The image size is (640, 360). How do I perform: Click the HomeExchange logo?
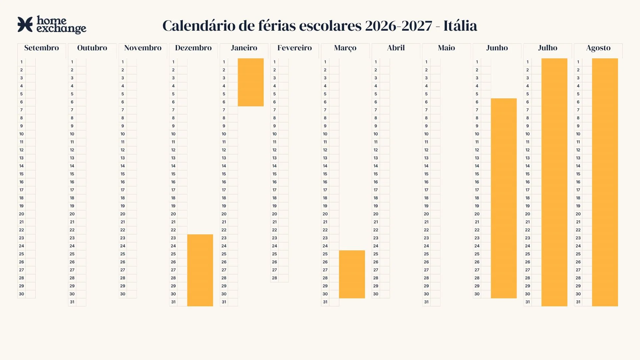(52, 25)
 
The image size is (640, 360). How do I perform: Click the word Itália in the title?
(460, 26)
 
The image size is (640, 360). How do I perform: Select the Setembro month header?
(42, 48)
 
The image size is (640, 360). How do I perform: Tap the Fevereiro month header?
(295, 48)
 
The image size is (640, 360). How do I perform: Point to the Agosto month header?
(598, 48)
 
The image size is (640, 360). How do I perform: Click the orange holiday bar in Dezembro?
(200, 270)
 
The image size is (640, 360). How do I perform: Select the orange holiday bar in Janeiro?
(251, 82)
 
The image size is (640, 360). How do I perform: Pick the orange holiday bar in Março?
(352, 274)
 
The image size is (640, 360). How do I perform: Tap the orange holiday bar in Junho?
(504, 198)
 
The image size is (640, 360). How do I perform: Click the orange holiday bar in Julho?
(554, 182)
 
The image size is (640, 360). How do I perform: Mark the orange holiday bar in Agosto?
(605, 182)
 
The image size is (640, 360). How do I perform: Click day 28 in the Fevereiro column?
(274, 278)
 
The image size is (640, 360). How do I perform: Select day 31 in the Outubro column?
(72, 302)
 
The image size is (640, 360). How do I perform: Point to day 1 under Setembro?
(21, 62)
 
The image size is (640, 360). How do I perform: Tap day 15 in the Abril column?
(376, 174)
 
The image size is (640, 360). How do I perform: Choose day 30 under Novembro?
(123, 294)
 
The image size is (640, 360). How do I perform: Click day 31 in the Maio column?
(426, 302)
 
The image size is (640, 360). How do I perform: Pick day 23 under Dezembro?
(173, 238)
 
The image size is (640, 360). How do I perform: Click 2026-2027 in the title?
(399, 26)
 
